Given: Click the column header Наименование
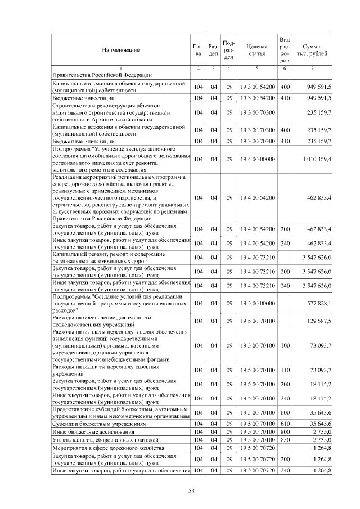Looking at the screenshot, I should point(120,50).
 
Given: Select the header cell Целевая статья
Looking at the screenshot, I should point(256,50).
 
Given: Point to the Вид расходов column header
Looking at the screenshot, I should point(285,50).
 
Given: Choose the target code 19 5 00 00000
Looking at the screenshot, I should point(257,303).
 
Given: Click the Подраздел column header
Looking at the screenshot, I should point(228,50).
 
